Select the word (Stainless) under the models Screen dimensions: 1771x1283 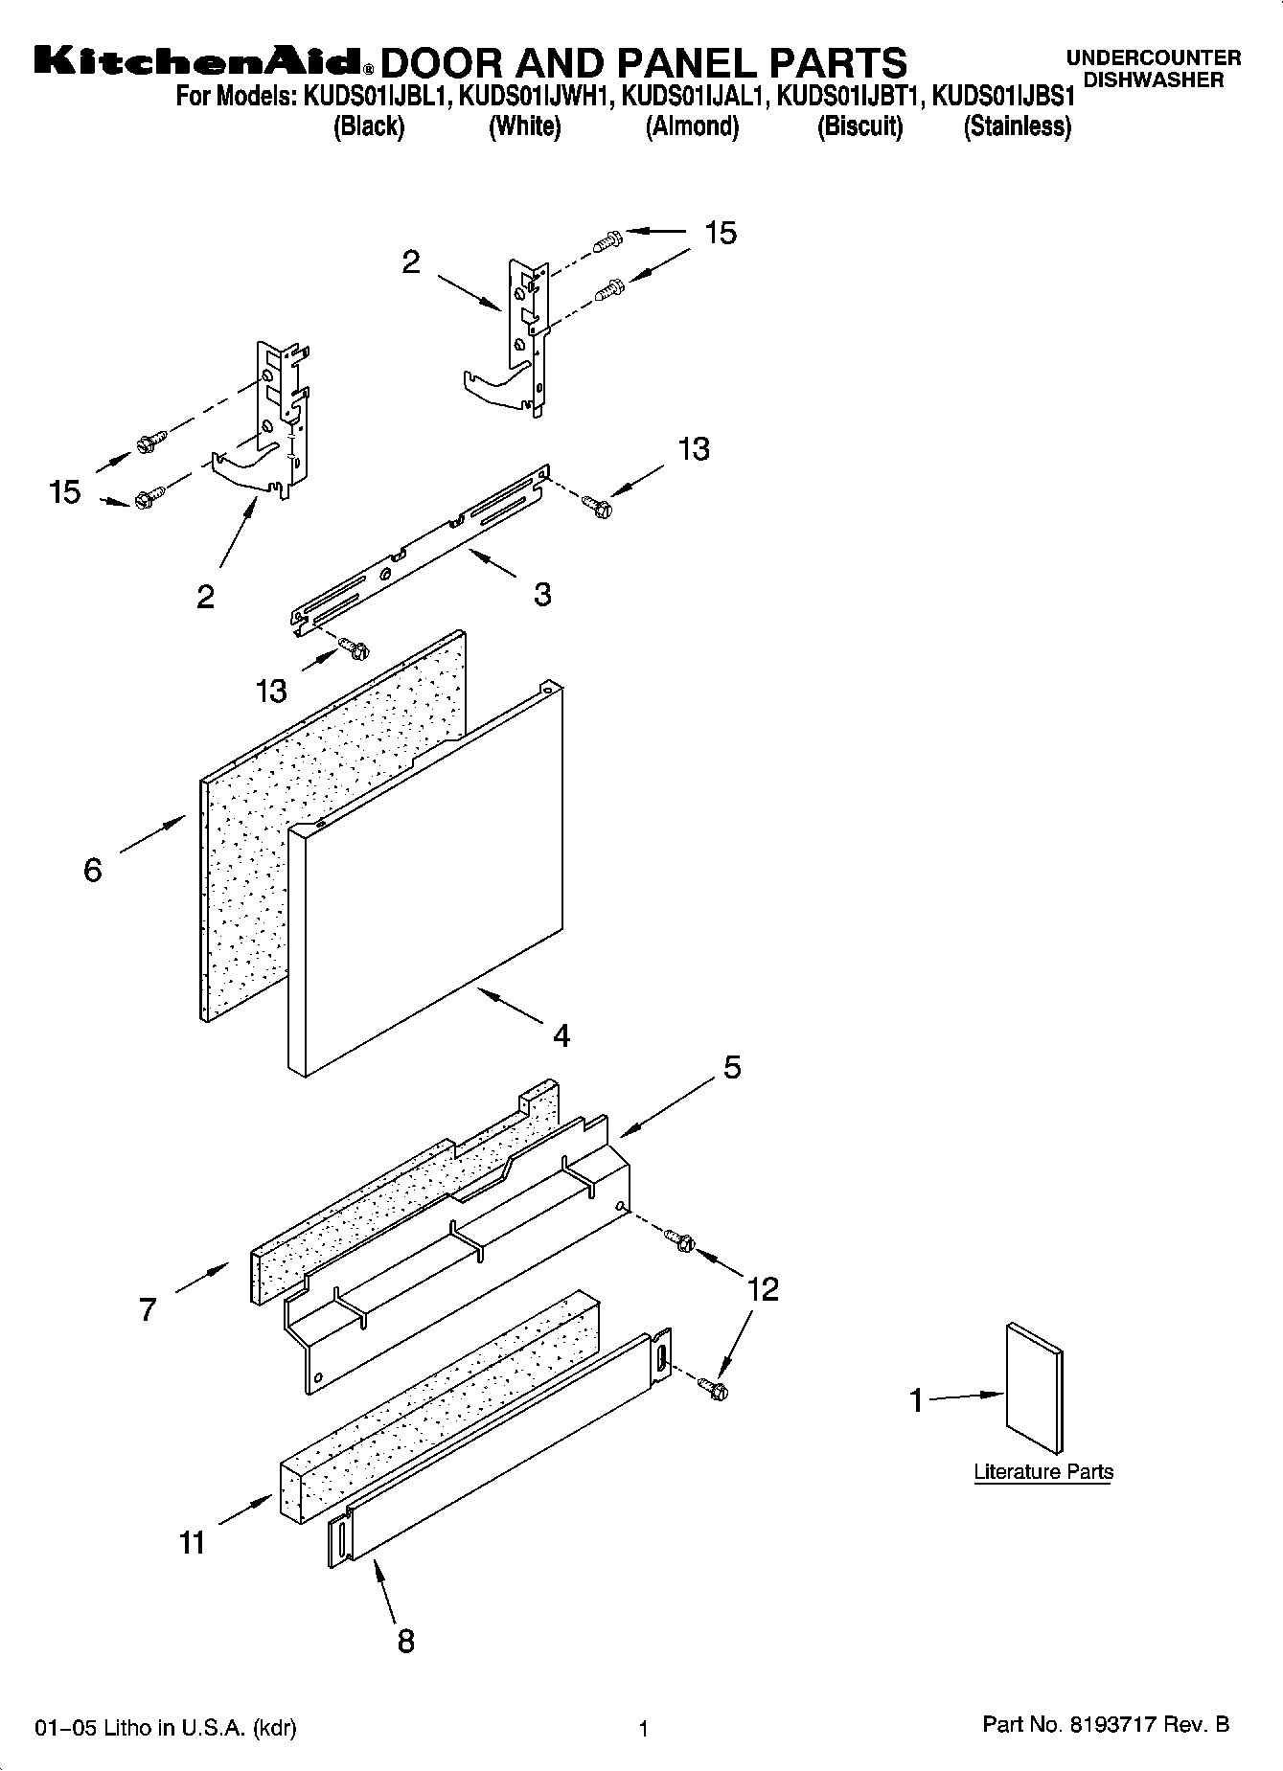[x=1017, y=126]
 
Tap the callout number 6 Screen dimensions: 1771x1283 [x=93, y=870]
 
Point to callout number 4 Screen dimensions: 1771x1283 [x=561, y=1035]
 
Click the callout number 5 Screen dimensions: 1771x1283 [x=732, y=1067]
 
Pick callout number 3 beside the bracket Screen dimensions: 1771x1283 [x=542, y=595]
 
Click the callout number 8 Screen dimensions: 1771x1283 [x=405, y=1641]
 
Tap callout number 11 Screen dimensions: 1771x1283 [x=192, y=1542]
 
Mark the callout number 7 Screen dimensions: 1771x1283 [x=147, y=1309]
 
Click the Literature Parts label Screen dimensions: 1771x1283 [x=1043, y=1472]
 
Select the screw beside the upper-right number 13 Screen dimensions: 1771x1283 [x=598, y=506]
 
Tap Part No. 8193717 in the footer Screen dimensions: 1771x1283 [x=1106, y=1725]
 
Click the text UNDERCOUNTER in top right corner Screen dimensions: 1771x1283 [x=1153, y=58]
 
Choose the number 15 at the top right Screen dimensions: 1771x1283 [x=721, y=233]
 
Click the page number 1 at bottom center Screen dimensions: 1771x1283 [x=644, y=1729]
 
